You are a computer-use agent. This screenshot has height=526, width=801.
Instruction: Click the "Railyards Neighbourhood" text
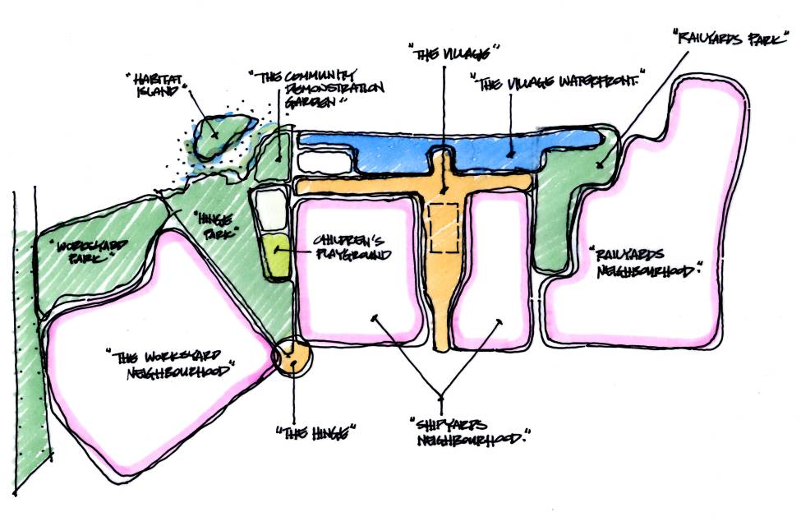(x=647, y=261)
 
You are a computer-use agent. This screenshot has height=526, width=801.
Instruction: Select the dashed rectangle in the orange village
(x=444, y=227)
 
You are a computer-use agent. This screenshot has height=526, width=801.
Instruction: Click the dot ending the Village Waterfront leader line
(x=510, y=152)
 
